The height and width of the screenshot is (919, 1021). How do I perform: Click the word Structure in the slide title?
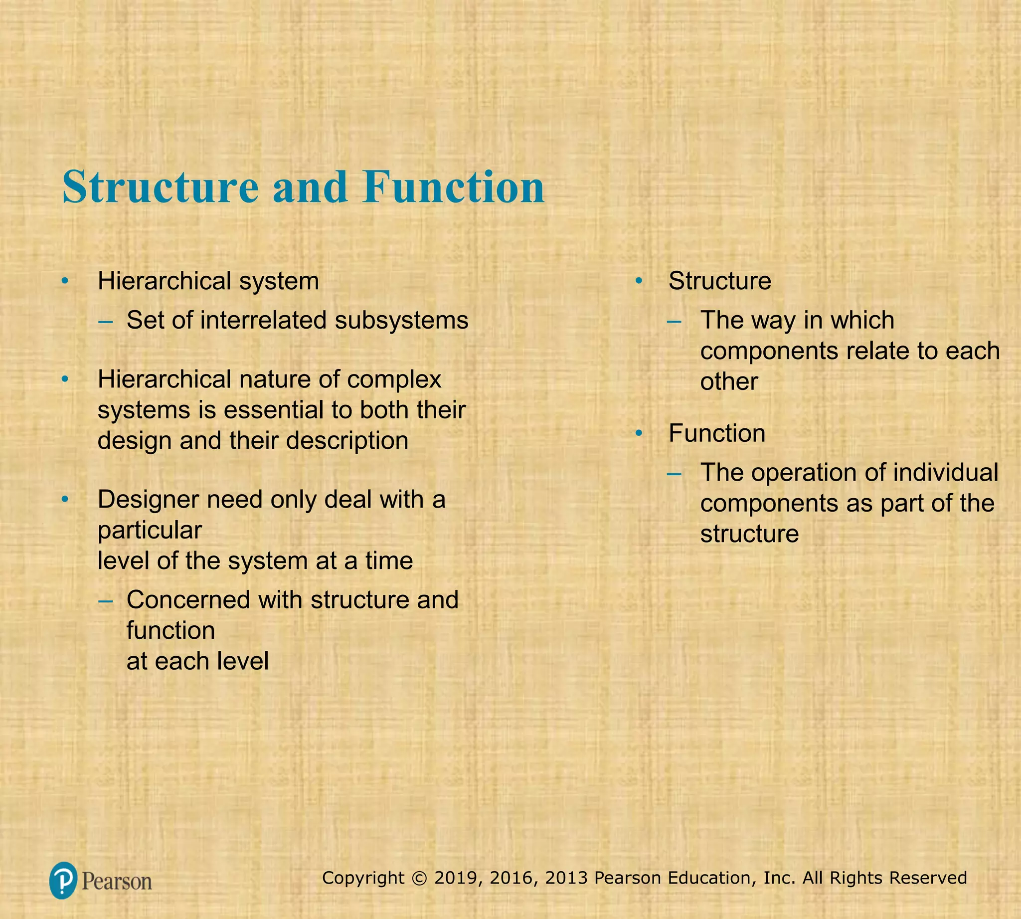point(160,187)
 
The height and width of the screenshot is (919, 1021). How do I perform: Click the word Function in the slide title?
point(454,187)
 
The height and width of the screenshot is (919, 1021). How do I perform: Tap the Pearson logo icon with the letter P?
point(63,881)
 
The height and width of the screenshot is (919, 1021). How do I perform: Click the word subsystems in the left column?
point(401,320)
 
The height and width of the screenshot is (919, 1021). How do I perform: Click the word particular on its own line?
point(150,530)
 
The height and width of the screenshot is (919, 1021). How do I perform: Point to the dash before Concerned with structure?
point(106,600)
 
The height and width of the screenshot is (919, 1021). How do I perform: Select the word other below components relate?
point(729,381)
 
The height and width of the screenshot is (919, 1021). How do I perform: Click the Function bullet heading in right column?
point(716,433)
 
